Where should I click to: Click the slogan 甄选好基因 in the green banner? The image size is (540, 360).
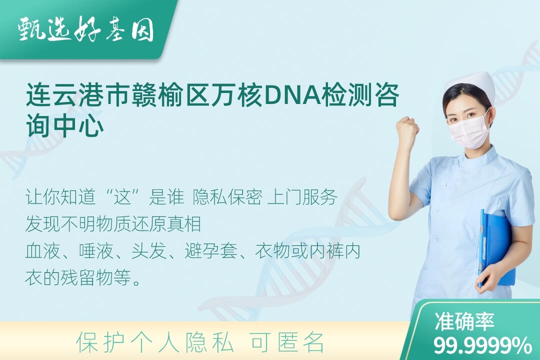pyautogui.click(x=86, y=29)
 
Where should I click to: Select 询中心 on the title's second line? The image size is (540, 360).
pyautogui.click(x=65, y=125)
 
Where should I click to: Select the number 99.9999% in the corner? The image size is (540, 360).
pyautogui.click(x=482, y=345)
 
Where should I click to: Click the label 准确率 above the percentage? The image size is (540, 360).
pyautogui.click(x=464, y=321)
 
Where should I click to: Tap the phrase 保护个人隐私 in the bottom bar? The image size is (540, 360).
pyautogui.click(x=155, y=342)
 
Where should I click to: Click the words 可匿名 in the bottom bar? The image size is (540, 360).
pyautogui.click(x=287, y=342)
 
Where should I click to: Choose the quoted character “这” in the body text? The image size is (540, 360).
pyautogui.click(x=123, y=197)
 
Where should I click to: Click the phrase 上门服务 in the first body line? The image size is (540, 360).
pyautogui.click(x=302, y=197)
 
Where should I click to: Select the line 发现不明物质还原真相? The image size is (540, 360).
pyautogui.click(x=113, y=224)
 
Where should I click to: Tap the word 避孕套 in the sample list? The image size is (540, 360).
pyautogui.click(x=211, y=251)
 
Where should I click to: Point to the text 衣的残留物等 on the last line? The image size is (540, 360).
pyautogui.click(x=78, y=277)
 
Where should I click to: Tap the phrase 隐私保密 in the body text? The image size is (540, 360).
pyautogui.click(x=227, y=197)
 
